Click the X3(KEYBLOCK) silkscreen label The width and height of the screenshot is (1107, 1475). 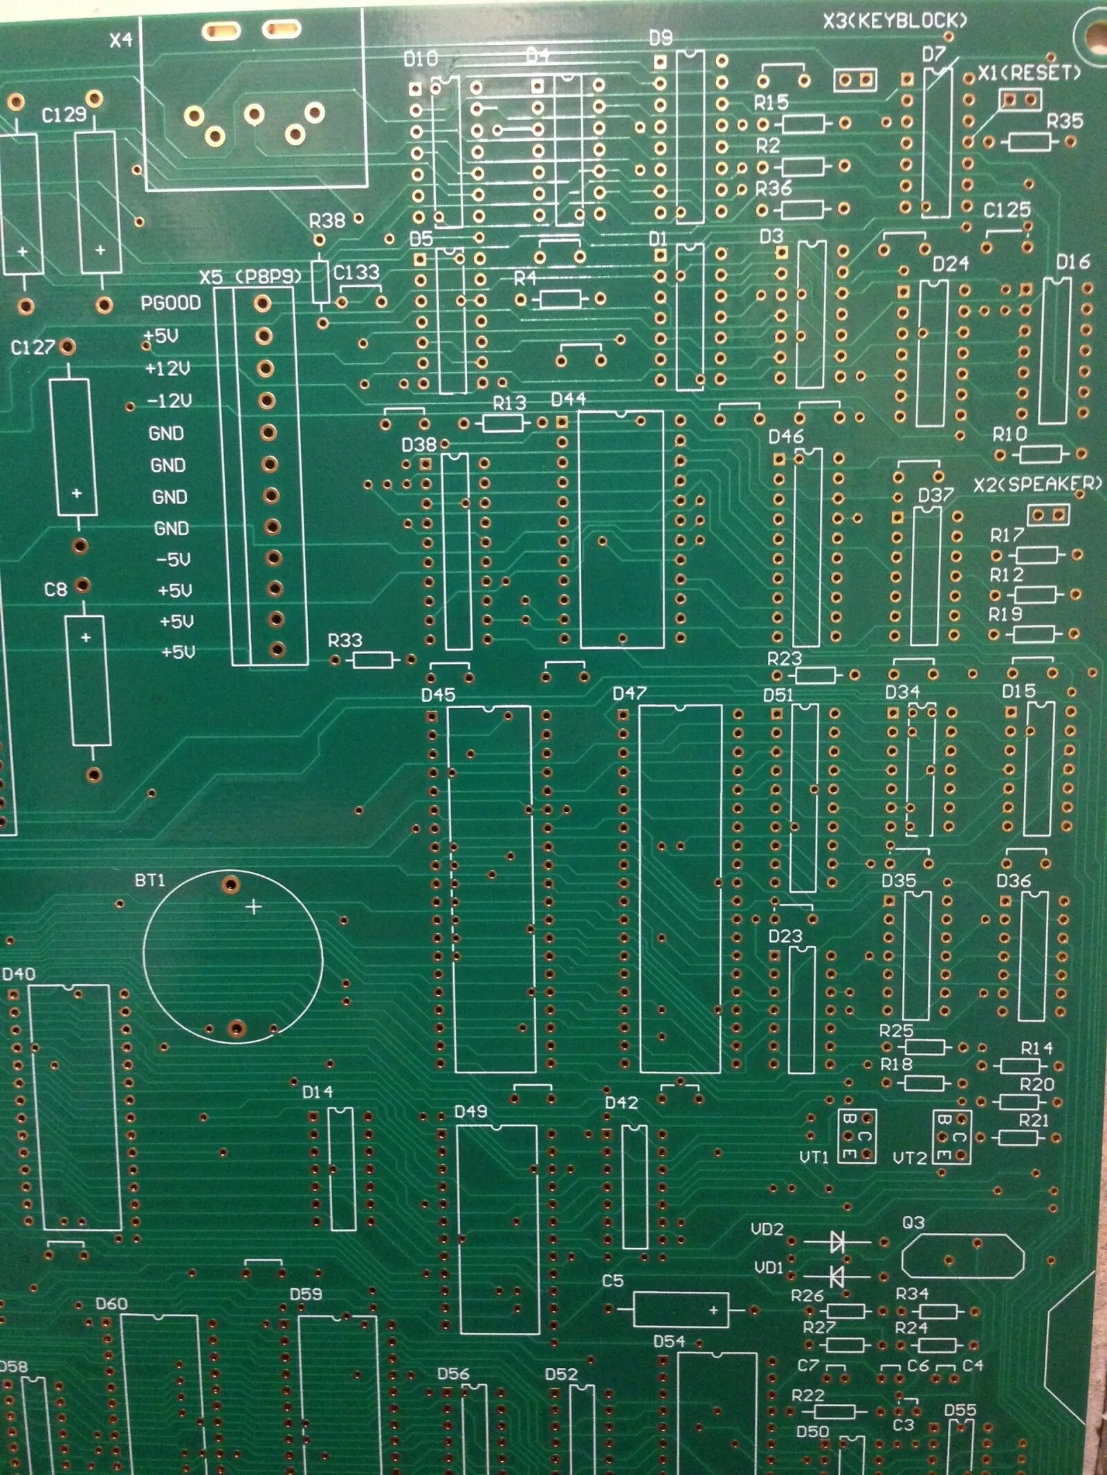click(894, 21)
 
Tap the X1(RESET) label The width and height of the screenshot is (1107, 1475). click(1029, 73)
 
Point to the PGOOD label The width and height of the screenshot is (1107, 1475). click(170, 303)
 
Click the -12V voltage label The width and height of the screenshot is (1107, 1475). click(169, 400)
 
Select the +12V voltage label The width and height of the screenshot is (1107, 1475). click(167, 368)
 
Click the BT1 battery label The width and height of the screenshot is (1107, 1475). click(150, 880)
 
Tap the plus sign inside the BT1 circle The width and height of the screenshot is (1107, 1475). click(254, 906)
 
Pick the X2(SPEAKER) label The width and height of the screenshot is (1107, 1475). click(1037, 484)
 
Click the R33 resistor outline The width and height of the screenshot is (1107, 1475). click(373, 660)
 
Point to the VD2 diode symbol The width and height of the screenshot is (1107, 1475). click(837, 1242)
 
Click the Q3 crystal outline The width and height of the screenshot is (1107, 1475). click(962, 1256)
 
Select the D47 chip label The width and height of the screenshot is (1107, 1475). click(629, 693)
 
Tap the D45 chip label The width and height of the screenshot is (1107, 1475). click(438, 694)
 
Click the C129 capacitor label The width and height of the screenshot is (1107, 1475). click(64, 114)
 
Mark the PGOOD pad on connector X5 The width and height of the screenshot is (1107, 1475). click(262, 303)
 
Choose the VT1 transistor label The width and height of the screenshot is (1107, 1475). click(814, 1157)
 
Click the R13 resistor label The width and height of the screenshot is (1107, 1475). click(509, 402)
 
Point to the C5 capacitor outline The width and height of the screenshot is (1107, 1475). click(681, 1309)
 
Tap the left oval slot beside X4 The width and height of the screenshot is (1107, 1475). click(221, 31)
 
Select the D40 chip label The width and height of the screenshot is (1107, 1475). click(19, 974)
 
